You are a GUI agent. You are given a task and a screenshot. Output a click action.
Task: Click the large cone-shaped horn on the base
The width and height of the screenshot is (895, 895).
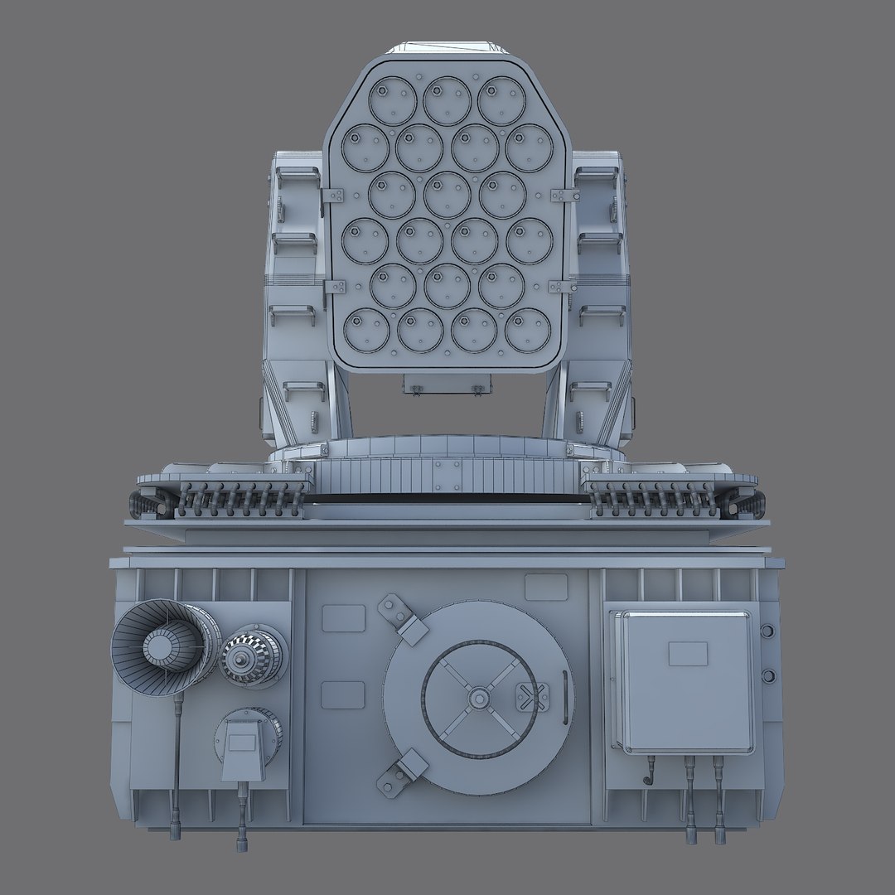pyautogui.click(x=162, y=646)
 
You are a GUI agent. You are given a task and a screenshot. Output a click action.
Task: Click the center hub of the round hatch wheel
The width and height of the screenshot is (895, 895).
pyautogui.click(x=478, y=698)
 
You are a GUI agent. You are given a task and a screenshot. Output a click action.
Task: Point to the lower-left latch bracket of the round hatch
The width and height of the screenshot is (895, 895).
pyautogui.click(x=403, y=774)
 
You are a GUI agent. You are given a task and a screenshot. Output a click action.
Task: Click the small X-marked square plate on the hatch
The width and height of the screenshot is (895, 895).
pyautogui.click(x=531, y=697)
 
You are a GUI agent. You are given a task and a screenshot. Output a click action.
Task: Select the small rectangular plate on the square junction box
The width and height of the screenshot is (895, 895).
pyautogui.click(x=688, y=653)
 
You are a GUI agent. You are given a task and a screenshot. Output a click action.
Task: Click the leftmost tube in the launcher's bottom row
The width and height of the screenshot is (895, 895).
pyautogui.click(x=367, y=330)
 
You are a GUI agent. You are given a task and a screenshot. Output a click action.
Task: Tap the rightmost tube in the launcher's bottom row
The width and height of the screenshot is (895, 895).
pyautogui.click(x=528, y=330)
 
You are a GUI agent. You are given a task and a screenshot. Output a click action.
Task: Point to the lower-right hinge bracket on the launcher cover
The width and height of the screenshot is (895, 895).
pyautogui.click(x=562, y=287)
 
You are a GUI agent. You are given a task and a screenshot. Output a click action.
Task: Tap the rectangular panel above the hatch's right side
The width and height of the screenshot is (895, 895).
pyautogui.click(x=546, y=587)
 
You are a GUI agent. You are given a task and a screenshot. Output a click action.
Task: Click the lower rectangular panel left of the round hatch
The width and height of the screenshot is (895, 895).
pyautogui.click(x=343, y=694)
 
